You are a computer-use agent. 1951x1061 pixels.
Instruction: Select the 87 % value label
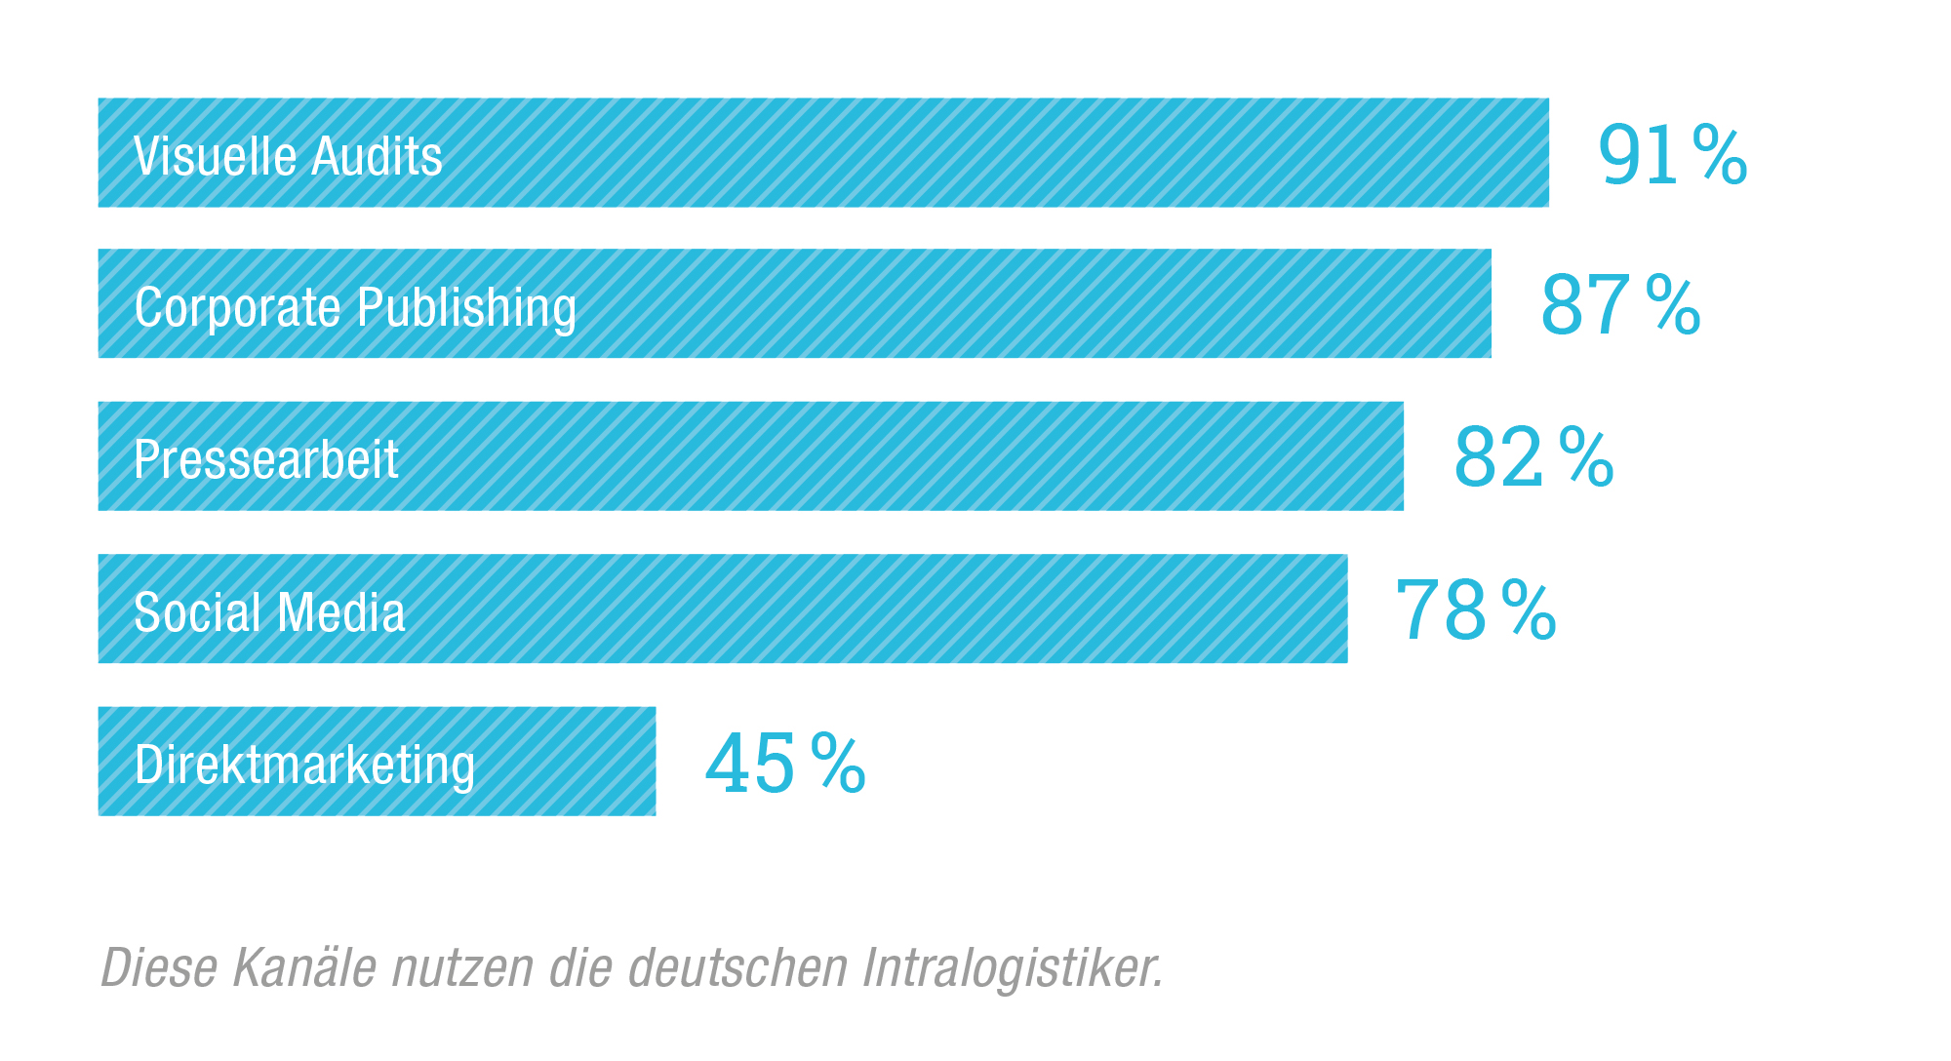pos(1620,305)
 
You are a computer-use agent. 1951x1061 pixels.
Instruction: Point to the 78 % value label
pos(1476,609)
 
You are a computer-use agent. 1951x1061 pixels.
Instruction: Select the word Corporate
pos(238,308)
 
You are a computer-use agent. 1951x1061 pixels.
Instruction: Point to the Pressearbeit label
pos(266,459)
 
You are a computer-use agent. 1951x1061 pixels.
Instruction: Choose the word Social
pos(198,612)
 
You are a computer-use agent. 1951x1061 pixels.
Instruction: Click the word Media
pos(340,612)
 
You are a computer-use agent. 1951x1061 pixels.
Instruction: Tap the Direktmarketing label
pos(304,765)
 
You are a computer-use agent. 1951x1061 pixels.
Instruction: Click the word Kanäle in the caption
pos(304,967)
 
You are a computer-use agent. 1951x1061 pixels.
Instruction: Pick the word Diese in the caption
pos(159,967)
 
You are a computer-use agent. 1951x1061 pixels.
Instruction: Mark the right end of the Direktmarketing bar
pos(654,762)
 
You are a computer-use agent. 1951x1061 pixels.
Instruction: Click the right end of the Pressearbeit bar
pos(1401,456)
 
